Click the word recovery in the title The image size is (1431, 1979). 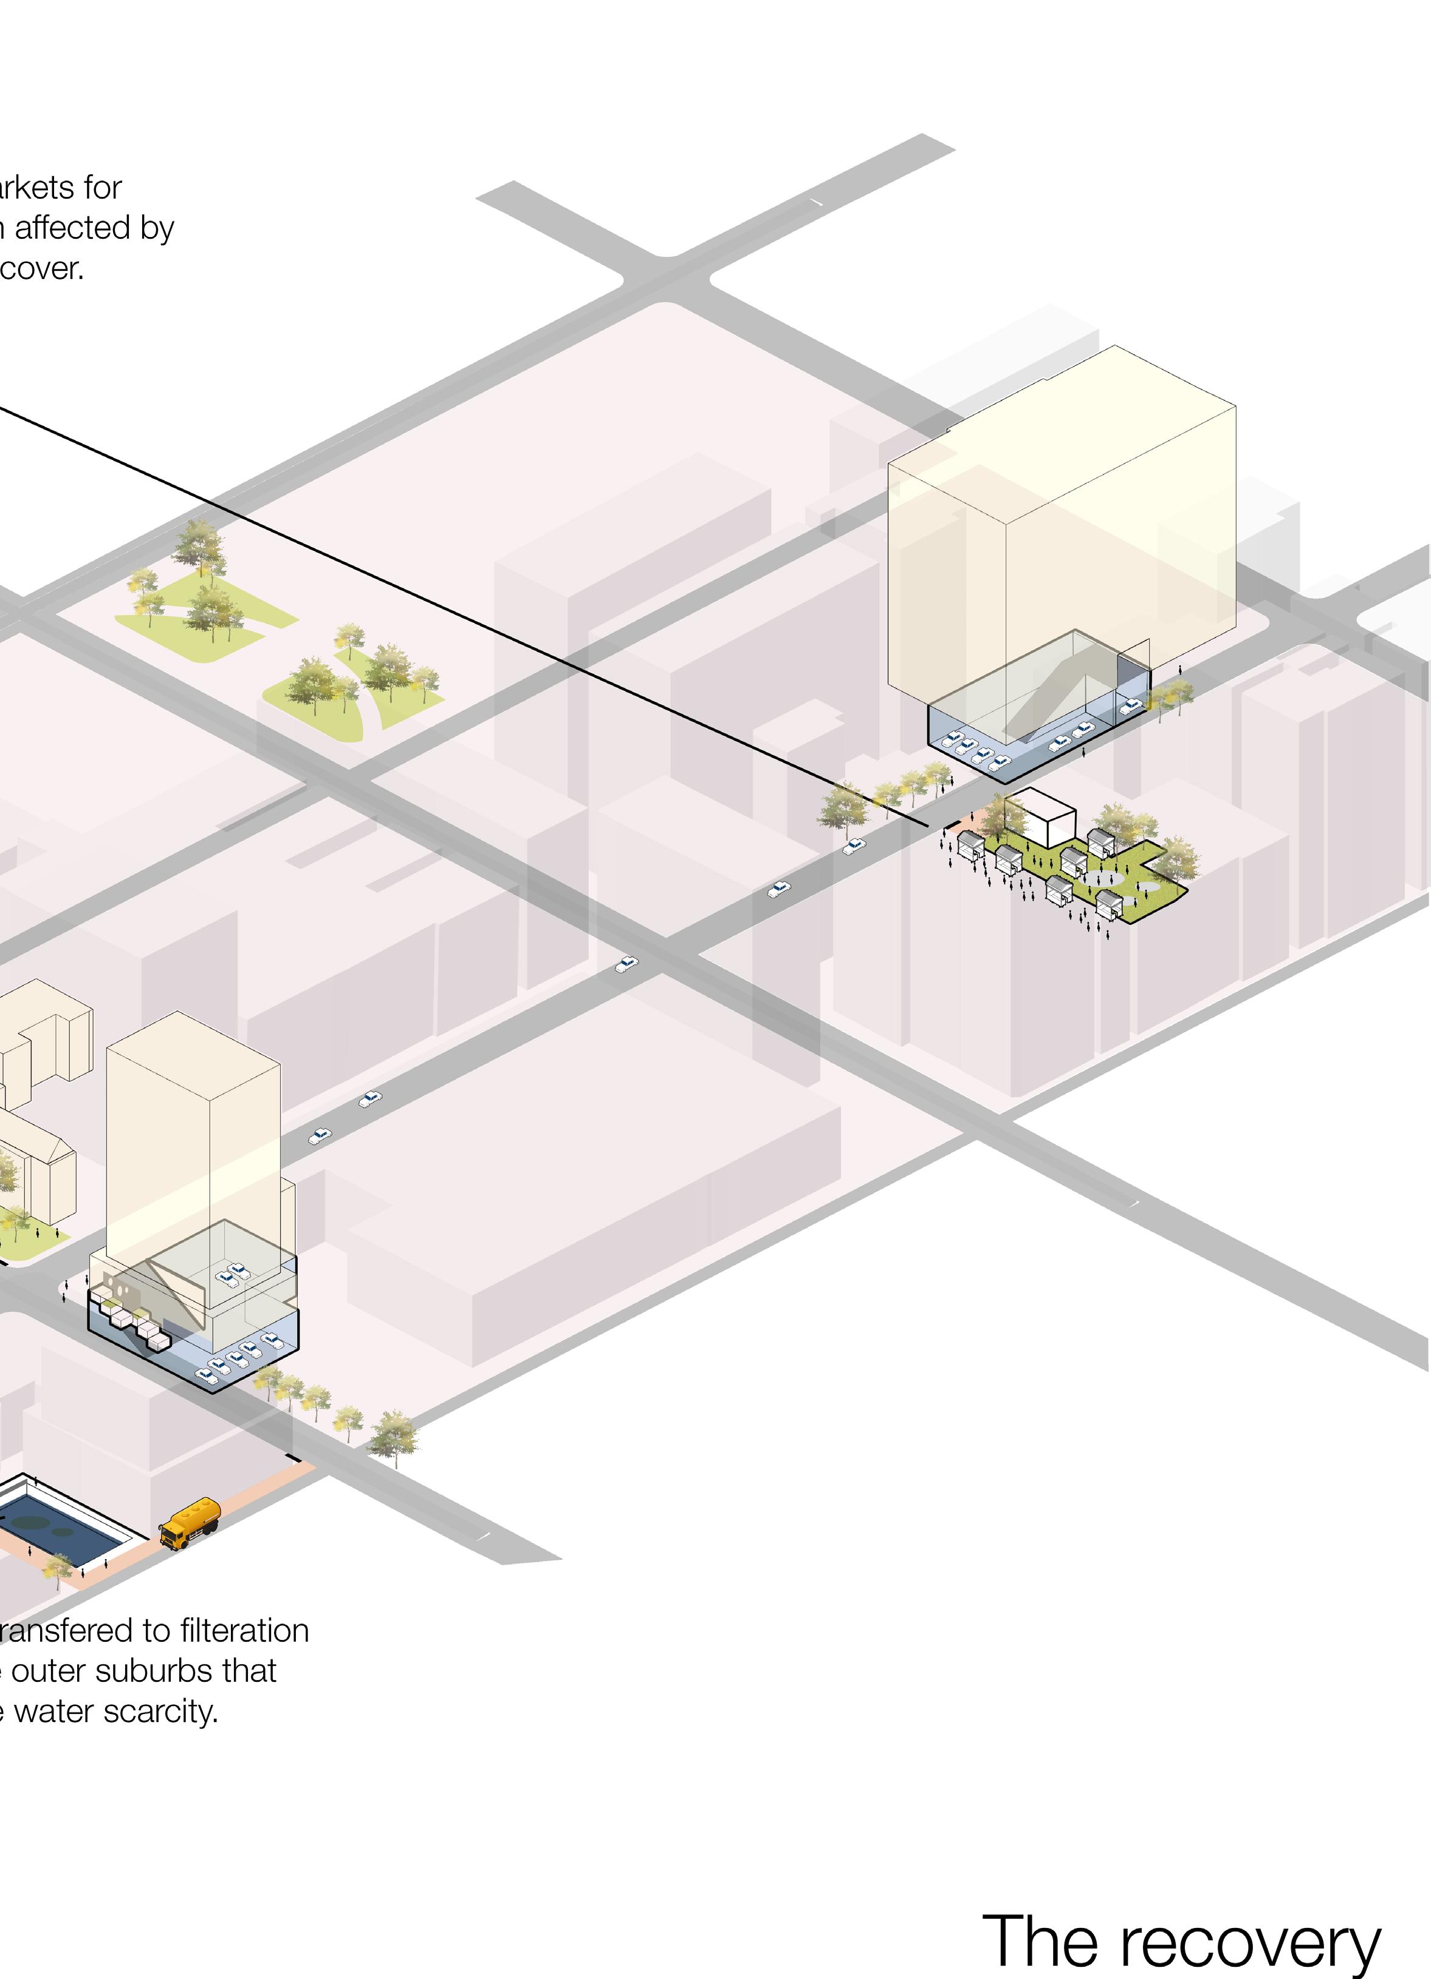tap(1251, 1941)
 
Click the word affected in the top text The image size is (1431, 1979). tap(72, 228)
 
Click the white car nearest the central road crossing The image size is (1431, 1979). tap(626, 964)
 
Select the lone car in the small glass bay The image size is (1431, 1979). tap(1131, 706)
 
